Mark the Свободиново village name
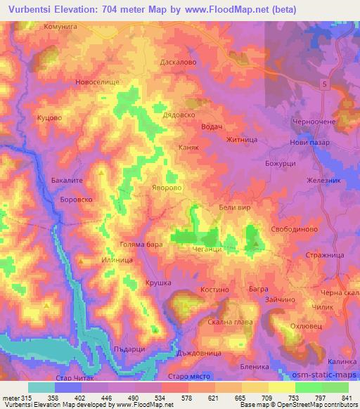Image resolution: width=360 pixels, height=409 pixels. click(x=295, y=229)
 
